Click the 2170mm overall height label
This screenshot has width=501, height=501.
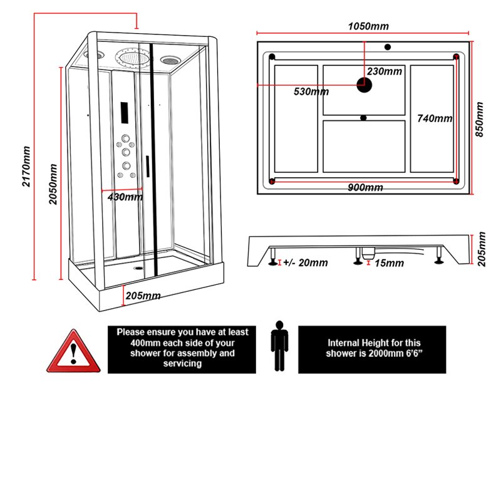point(26,167)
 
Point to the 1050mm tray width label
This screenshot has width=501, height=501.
point(368,26)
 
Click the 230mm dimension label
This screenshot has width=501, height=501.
point(385,71)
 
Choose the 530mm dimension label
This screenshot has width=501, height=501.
point(311,91)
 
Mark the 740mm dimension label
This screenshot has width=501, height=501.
point(435,118)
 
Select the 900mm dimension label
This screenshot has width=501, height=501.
point(366,188)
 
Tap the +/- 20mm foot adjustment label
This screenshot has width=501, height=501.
point(305,263)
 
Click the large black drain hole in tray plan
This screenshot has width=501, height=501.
point(363,83)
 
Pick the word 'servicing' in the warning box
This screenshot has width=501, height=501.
point(182,364)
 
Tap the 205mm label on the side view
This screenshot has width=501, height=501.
point(481,249)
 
